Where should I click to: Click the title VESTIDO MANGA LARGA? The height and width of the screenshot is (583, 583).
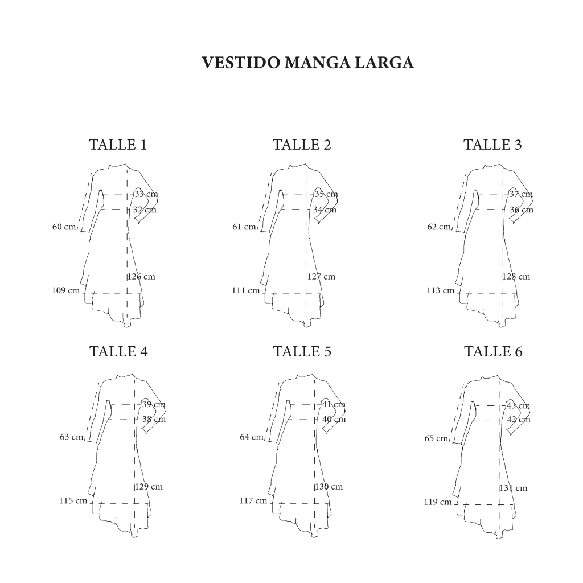click(x=307, y=63)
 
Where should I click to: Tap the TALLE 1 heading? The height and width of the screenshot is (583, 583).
click(x=118, y=145)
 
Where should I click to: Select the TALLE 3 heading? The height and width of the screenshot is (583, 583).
click(x=492, y=145)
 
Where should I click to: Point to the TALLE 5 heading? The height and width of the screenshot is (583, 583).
click(x=302, y=351)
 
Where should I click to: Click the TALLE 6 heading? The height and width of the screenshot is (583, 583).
click(x=494, y=351)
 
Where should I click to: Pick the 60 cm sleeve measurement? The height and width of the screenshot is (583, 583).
click(x=64, y=227)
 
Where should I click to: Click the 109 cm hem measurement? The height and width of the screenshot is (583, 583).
click(x=66, y=290)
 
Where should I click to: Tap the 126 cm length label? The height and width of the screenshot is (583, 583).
click(x=142, y=277)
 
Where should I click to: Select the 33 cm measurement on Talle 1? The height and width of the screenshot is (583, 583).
click(x=146, y=194)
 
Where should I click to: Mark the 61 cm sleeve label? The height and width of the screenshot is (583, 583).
click(x=244, y=227)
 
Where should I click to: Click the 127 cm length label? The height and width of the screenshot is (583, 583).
click(x=322, y=277)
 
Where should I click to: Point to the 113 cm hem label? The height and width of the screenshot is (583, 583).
click(x=441, y=290)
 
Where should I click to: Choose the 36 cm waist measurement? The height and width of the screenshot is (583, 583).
click(x=522, y=210)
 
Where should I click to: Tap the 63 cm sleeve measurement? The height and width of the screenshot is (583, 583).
click(x=72, y=437)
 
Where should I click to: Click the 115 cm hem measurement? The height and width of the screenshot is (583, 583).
click(x=73, y=501)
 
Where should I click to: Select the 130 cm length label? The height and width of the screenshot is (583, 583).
click(x=329, y=487)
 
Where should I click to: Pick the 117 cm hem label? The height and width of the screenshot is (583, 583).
click(x=253, y=501)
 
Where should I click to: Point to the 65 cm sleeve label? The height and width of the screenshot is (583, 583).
click(x=437, y=438)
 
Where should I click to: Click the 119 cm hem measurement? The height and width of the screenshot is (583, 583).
click(x=438, y=502)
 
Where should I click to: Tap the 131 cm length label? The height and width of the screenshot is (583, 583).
click(x=514, y=488)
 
